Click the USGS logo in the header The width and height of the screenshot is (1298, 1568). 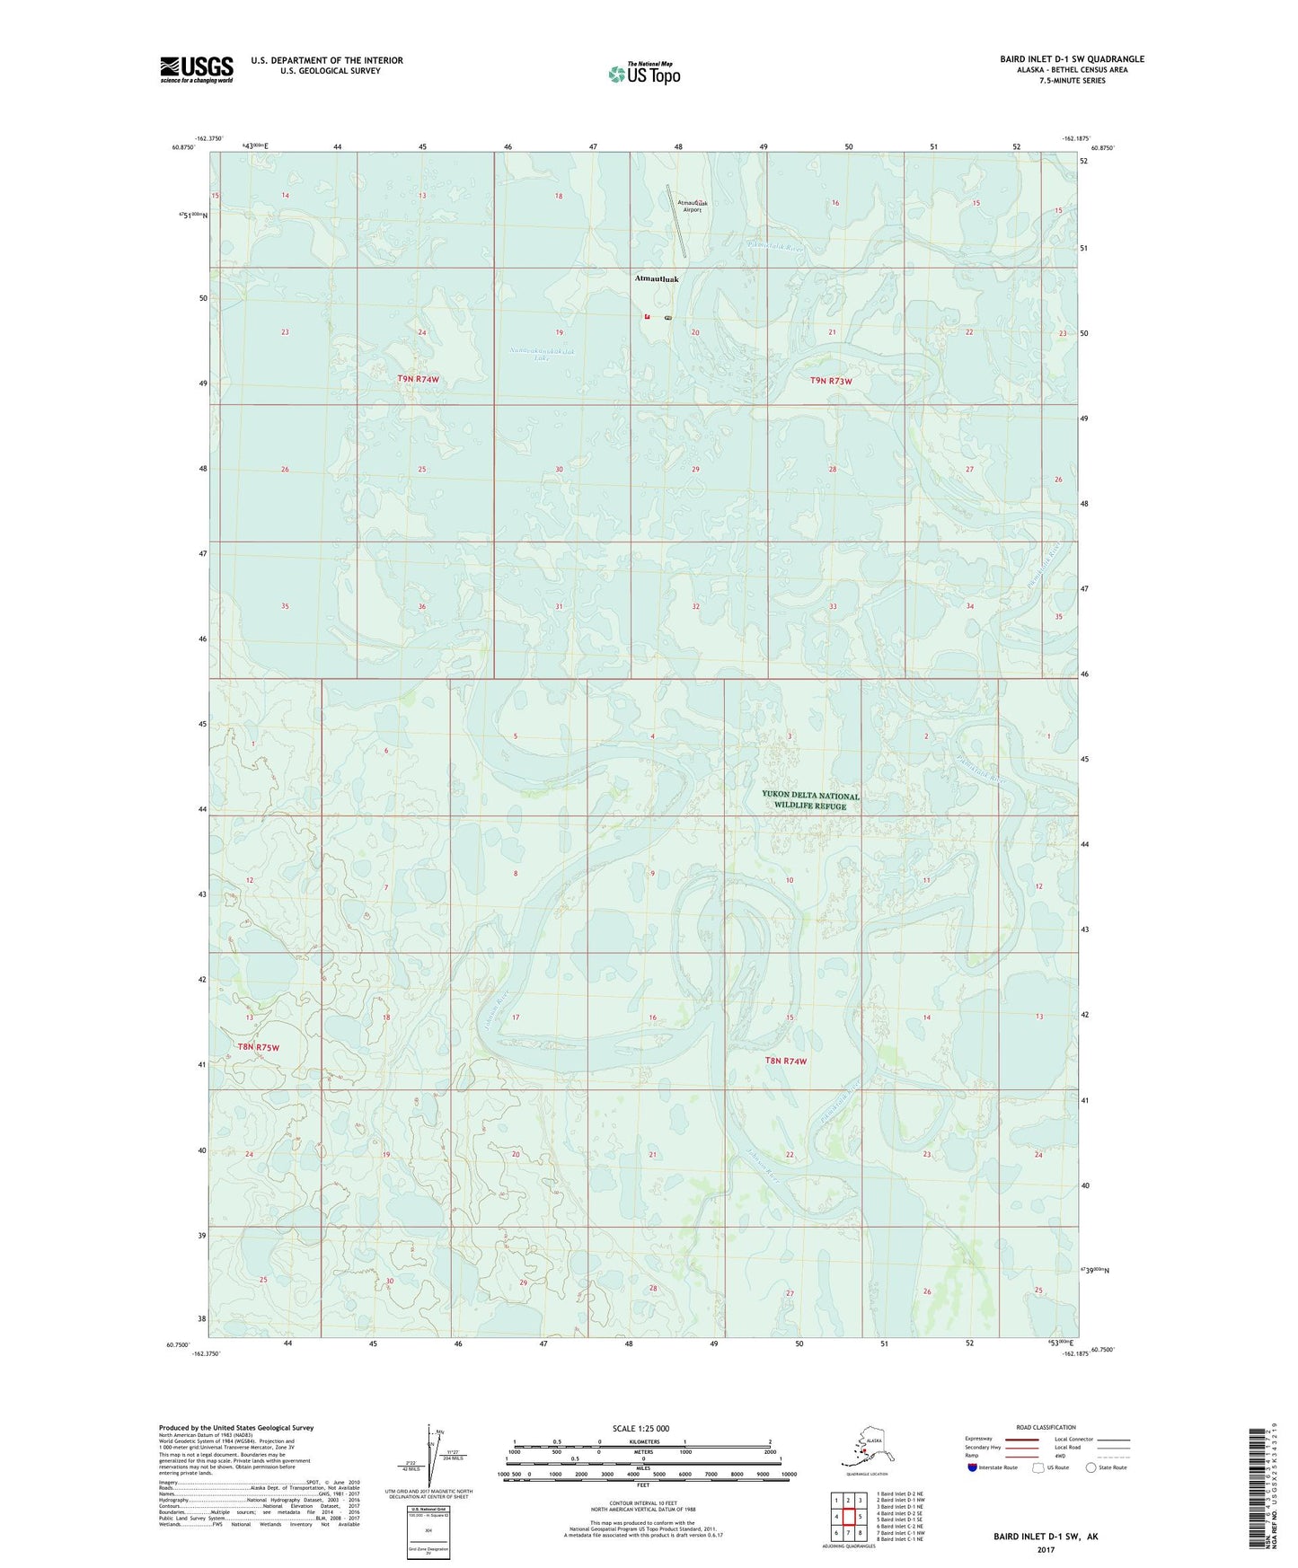point(196,69)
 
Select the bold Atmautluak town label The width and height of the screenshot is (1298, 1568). point(657,279)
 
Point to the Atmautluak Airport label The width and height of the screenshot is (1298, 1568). point(689,207)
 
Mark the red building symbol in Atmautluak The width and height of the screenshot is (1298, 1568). point(647,317)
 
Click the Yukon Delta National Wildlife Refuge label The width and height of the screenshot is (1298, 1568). point(810,800)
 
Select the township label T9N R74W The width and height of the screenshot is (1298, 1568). point(418,379)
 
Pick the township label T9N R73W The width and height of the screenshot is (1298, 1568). point(831,381)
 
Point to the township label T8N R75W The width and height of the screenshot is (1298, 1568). point(259,1047)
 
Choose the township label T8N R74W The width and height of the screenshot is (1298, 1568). point(785,1061)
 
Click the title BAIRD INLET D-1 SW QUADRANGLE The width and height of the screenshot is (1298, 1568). point(1072,59)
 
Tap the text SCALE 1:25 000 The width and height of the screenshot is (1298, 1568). point(640,1428)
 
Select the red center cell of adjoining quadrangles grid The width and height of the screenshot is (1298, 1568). point(848,1516)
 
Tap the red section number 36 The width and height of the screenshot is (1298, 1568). point(422,607)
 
